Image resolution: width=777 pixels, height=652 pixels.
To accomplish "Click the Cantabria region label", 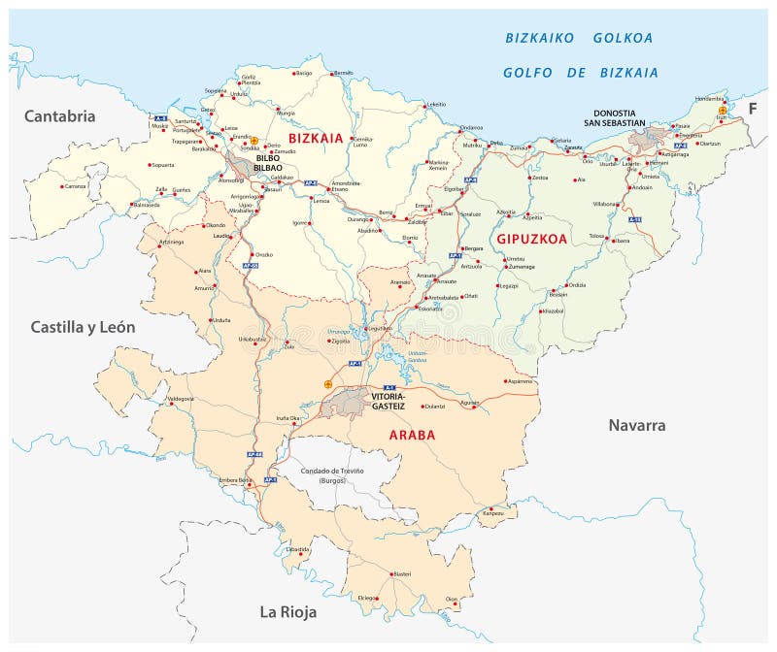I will (59, 116).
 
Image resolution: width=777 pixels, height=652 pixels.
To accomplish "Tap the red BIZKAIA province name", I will (308, 139).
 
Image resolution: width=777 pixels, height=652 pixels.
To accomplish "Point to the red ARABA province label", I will (412, 435).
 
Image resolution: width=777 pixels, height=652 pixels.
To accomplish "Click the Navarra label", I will (636, 425).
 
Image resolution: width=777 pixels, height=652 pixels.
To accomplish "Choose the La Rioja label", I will (287, 611).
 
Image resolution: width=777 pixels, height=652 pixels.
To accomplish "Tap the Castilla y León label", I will (83, 327).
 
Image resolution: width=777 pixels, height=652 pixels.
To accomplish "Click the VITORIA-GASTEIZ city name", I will (388, 401).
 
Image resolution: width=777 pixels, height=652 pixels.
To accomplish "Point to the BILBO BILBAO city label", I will (266, 163).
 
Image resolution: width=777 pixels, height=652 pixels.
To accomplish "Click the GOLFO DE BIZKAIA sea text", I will (580, 73).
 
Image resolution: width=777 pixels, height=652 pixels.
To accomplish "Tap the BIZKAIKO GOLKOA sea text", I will (580, 39).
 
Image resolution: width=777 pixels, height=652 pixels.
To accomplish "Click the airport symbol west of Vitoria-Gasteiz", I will (327, 384).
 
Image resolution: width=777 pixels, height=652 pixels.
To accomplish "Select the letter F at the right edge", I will (751, 109).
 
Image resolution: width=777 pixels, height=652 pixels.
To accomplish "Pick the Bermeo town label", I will (343, 73).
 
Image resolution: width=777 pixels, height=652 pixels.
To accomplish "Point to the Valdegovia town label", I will (182, 399).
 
